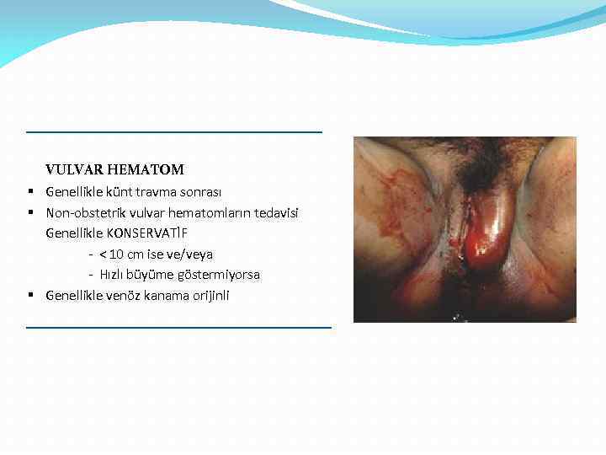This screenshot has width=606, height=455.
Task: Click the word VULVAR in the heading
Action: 72,170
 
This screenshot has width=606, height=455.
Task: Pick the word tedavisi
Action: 276,212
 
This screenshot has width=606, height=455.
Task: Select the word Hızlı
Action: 114,275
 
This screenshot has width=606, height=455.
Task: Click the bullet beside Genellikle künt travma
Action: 30,191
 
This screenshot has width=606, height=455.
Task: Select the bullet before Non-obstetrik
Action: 30,212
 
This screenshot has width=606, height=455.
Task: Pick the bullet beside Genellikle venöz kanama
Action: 30,296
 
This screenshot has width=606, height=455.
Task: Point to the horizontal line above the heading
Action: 174,132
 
